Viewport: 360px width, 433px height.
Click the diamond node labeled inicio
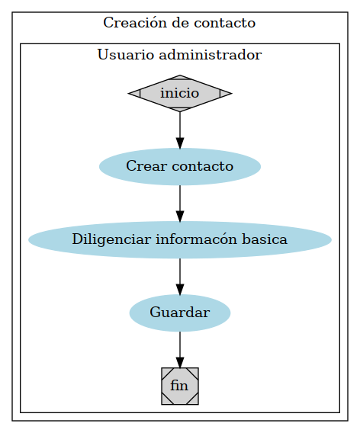pos(180,93)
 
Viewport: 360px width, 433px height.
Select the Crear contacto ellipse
pos(180,166)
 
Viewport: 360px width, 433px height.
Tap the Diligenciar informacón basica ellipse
pos(180,239)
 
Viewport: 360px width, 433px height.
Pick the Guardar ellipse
pos(180,313)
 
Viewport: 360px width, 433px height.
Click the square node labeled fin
pos(180,386)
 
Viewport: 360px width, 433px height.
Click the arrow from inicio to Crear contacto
pos(180,128)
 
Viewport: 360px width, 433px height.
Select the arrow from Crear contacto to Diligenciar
pos(180,201)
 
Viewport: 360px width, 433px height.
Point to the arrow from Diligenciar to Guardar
pos(180,274)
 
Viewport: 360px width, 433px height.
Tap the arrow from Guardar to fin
pos(180,348)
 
